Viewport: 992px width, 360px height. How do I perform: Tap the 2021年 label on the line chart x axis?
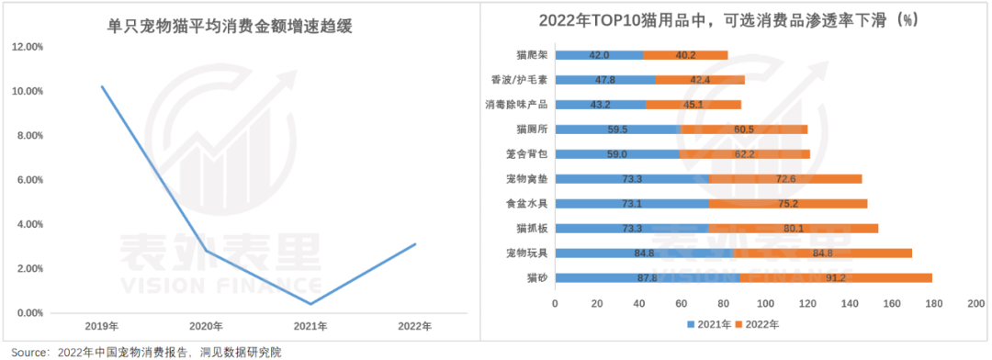(310, 325)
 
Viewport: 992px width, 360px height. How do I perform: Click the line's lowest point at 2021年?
(310, 304)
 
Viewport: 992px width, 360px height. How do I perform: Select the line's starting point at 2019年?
(102, 86)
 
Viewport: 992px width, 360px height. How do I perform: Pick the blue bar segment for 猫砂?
(648, 277)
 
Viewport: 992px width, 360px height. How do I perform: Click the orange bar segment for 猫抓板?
(793, 228)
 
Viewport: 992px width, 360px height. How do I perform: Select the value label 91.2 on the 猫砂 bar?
(836, 277)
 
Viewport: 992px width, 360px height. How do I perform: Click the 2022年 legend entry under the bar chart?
(764, 324)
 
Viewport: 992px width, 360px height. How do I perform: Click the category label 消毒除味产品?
(517, 105)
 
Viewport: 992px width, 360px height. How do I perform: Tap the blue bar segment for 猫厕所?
(619, 129)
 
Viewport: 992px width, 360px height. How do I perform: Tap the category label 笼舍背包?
(527, 154)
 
